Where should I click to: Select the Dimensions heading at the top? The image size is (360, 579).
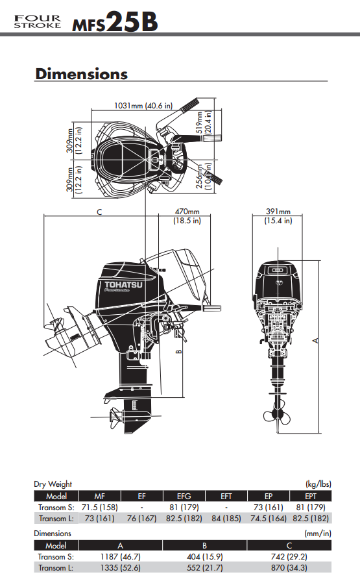point(81,73)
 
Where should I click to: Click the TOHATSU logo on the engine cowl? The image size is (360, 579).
point(122,284)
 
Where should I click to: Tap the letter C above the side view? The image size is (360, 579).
point(99,212)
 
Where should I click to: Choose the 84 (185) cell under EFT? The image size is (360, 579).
point(226,518)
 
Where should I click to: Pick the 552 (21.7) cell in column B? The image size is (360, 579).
point(204,567)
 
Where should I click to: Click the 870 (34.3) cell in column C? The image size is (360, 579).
point(289,567)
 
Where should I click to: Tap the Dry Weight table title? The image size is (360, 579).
point(53,484)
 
